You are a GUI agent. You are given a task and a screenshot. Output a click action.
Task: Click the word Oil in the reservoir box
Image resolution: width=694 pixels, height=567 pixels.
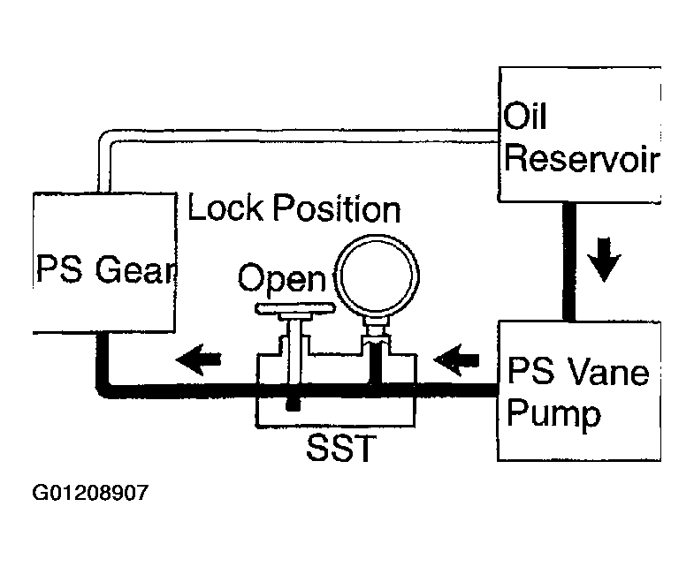(525, 116)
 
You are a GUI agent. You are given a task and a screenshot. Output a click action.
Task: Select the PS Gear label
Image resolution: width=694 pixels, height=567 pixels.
(106, 268)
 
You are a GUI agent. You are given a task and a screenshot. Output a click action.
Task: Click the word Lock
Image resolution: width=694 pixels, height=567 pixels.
(225, 208)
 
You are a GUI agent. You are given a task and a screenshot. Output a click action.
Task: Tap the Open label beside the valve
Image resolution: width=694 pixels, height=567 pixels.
(282, 277)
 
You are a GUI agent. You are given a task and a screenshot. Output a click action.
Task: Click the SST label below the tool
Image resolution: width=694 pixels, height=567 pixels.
(340, 448)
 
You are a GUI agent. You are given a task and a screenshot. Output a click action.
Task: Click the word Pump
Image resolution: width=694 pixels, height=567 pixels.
(553, 413)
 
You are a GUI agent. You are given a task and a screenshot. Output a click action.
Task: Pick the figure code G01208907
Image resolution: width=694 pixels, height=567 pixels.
(90, 493)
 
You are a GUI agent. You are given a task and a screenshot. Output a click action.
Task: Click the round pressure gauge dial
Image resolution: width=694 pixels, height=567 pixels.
(377, 276)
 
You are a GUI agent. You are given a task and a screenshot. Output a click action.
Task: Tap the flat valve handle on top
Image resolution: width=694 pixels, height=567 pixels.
(295, 308)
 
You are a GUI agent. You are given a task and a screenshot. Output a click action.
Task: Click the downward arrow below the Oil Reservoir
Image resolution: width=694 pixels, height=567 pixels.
(604, 259)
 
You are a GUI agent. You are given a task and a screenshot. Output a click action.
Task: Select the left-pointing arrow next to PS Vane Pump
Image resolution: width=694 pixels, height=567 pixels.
(456, 359)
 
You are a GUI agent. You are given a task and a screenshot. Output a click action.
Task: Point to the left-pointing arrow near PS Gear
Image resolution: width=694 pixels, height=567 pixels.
(199, 359)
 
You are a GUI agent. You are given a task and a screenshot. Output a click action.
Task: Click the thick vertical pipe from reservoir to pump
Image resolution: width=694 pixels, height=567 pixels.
(569, 261)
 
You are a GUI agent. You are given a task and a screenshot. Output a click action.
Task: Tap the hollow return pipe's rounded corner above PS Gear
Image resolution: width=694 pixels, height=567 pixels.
(104, 137)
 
